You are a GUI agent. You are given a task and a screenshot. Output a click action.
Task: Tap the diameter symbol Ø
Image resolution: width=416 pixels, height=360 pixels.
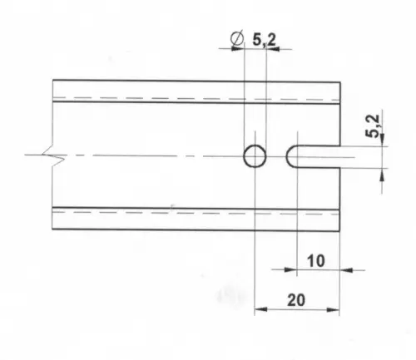click(237, 38)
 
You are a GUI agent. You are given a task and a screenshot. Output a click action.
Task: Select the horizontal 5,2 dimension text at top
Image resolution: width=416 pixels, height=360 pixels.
click(265, 40)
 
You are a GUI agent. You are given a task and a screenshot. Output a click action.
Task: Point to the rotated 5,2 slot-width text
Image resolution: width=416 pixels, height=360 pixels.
click(373, 126)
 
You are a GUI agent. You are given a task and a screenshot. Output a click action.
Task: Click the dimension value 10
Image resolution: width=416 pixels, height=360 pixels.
click(316, 261)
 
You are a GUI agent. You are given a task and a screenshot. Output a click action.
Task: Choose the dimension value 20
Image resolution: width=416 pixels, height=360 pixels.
click(296, 300)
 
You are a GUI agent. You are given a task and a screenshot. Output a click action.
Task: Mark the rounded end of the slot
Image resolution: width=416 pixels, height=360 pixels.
click(287, 156)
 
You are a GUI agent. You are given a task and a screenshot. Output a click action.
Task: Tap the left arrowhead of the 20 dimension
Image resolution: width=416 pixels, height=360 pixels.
click(260, 309)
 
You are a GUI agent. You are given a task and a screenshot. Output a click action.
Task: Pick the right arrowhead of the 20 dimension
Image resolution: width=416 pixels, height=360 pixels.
click(333, 309)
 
